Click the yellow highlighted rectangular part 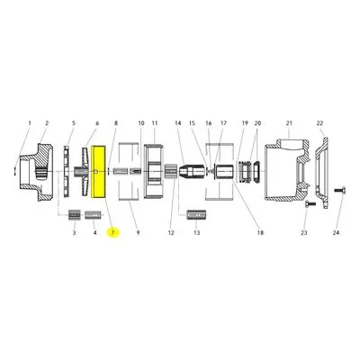tap(98, 172)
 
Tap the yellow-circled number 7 tap(113, 233)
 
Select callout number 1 tap(30, 123)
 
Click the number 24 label tap(336, 233)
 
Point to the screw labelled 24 tap(340, 190)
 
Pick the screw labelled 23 tap(310, 204)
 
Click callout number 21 tap(289, 123)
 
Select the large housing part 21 tap(286, 169)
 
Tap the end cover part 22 tap(321, 172)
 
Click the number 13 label tap(197, 233)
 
